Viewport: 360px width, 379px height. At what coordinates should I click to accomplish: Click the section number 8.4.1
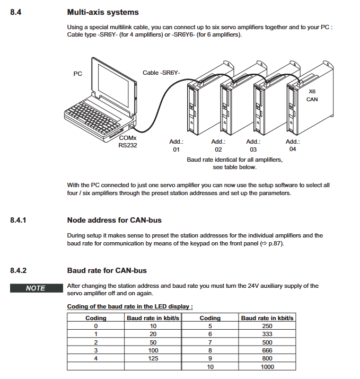pos(19,219)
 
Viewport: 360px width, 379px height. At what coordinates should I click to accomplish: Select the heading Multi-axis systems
pos(103,12)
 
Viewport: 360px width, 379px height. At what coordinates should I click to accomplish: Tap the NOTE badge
pos(36,288)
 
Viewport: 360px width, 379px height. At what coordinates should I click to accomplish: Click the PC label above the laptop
pos(77,74)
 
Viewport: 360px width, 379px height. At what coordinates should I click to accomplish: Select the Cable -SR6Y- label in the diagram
pos(162,73)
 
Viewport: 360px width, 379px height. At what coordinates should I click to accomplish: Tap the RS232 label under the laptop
pos(128,145)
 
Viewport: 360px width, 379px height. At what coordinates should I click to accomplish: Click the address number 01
pos(176,150)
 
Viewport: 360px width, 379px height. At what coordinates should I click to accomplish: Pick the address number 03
pos(254,150)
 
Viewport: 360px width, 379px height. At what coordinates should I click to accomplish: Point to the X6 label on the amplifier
pos(312,91)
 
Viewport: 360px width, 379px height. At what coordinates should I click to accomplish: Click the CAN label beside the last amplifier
pos(312,99)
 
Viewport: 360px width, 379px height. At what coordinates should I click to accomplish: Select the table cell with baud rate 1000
pos(267,366)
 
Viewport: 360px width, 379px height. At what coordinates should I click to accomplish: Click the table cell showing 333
pos(267,334)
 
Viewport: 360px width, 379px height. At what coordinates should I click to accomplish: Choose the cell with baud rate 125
pos(153,358)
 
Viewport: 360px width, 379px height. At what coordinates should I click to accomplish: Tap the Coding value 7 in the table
pos(210,342)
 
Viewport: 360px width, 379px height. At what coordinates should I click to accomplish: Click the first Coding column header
pos(96,318)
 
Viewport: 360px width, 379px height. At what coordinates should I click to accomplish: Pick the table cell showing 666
pos(267,350)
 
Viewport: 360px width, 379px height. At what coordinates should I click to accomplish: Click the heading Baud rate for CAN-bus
pos(107,270)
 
